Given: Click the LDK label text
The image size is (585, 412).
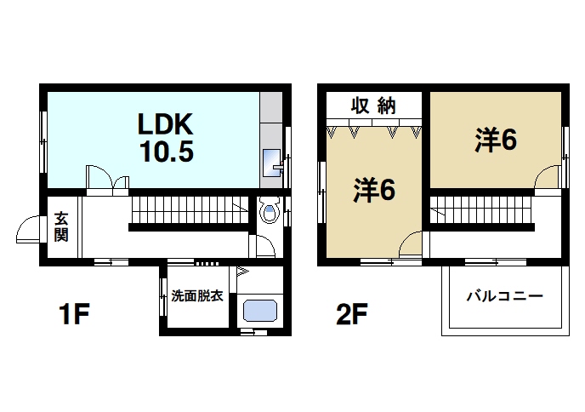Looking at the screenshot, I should coord(168,124).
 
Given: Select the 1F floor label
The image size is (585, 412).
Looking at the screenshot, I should coord(75,316).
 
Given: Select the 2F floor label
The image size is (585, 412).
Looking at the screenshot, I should coord(351,316).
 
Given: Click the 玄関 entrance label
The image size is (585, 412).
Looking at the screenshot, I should coord(61,226).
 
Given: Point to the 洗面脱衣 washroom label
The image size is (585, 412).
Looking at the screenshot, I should coord(196,296).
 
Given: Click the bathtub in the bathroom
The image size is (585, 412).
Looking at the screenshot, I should coord(261,311).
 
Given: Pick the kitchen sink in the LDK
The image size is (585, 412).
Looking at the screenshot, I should coord(273,162).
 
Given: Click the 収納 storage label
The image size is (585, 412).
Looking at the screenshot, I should coord(374,106).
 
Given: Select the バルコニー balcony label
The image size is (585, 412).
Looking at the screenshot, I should coord(504,297).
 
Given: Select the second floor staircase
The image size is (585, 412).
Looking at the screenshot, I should coord(480,210).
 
